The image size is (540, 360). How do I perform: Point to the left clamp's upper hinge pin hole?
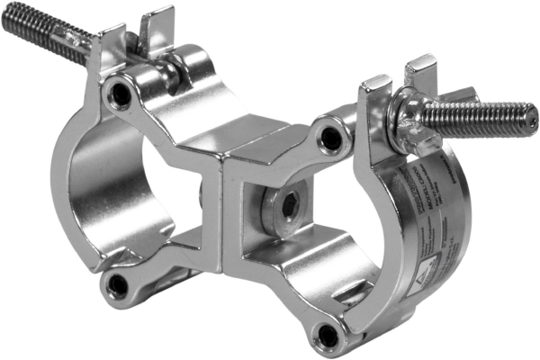coord(117,91)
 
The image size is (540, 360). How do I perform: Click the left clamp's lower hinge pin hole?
coord(116,285)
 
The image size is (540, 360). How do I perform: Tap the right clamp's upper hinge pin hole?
coord(332,138)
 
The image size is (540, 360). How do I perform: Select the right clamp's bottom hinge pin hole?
coord(328,336)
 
